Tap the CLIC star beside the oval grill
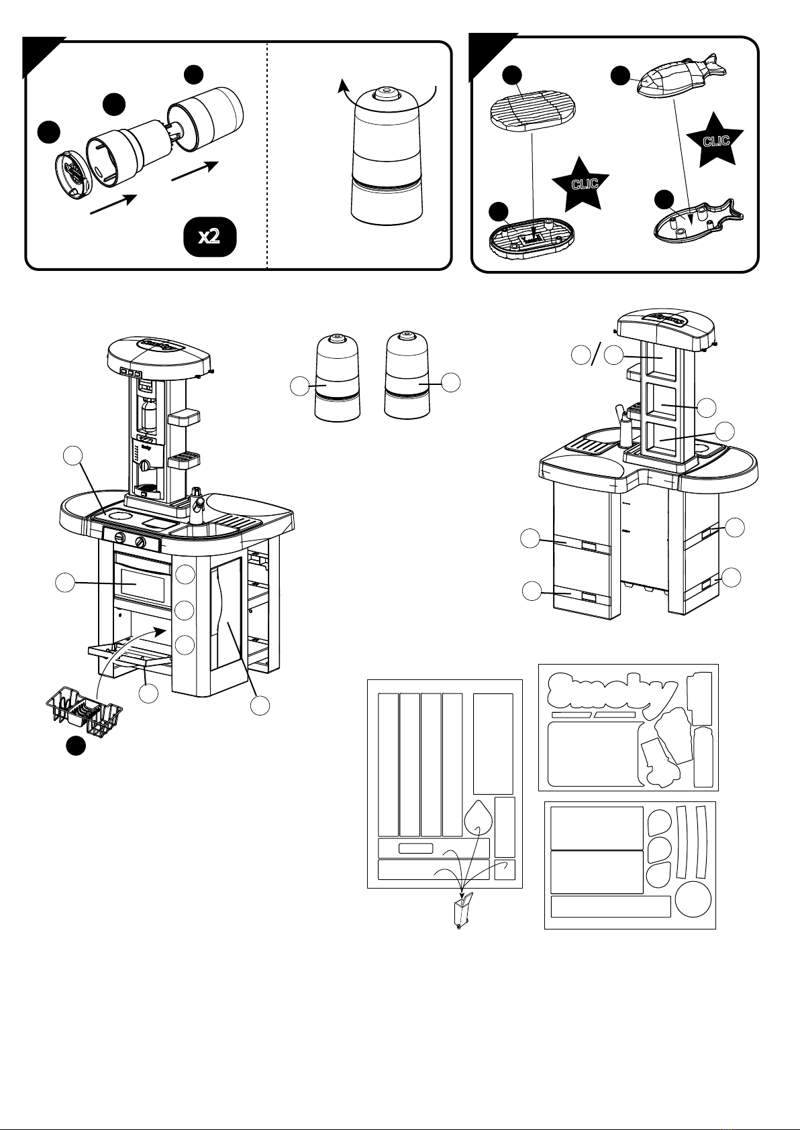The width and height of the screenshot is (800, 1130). [580, 182]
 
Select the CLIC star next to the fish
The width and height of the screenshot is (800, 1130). [715, 139]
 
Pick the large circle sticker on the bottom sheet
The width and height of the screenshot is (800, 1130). [693, 898]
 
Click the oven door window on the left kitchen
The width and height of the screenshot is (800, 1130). [142, 581]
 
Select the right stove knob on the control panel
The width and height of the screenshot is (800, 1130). [141, 542]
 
